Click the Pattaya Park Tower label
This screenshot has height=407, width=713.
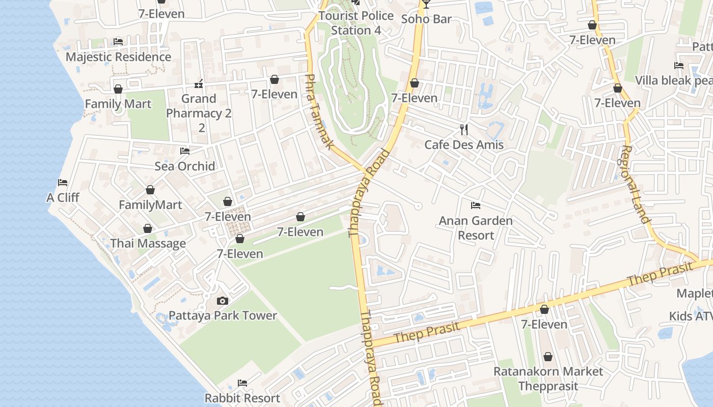tap(223, 315)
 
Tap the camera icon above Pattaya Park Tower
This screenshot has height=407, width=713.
tap(223, 301)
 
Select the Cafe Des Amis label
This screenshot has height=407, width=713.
tap(464, 144)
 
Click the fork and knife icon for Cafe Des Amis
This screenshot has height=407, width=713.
tap(463, 129)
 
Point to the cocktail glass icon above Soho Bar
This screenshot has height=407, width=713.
tap(426, 4)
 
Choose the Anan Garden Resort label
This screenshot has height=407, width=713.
tap(476, 228)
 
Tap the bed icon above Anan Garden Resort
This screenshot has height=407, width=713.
tap(476, 206)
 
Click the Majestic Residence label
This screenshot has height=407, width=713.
tap(118, 56)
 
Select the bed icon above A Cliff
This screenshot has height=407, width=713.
tap(63, 183)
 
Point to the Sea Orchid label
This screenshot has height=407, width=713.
tap(185, 166)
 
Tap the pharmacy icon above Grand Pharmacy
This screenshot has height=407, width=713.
tap(199, 83)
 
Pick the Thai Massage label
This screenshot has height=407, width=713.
tap(148, 243)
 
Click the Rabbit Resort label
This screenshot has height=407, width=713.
tap(242, 398)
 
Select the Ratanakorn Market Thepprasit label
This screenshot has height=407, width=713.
tap(548, 379)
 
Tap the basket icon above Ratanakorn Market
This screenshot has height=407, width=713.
tap(548, 357)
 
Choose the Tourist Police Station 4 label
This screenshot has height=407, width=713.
tap(356, 23)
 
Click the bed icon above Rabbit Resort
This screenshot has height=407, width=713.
tap(242, 383)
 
